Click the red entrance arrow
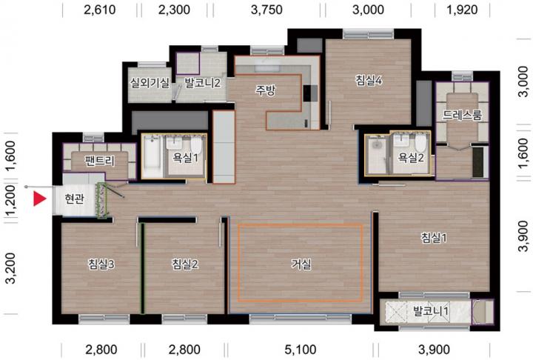point(39,199)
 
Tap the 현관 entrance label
point(74,199)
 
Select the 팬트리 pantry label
point(100,161)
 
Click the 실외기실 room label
point(150,83)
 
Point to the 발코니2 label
point(202,83)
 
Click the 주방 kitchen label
point(266,90)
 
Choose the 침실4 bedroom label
point(369,81)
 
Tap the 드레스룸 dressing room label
point(462,115)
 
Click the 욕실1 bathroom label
point(186,158)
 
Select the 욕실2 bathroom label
point(411,158)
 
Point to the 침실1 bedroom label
point(434,238)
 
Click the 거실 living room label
point(301,264)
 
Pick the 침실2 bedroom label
point(185,264)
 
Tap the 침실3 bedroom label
point(101,264)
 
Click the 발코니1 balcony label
point(431,311)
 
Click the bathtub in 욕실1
point(152,156)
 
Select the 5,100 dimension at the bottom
point(301,350)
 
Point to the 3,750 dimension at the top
point(266,10)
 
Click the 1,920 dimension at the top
point(462,10)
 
